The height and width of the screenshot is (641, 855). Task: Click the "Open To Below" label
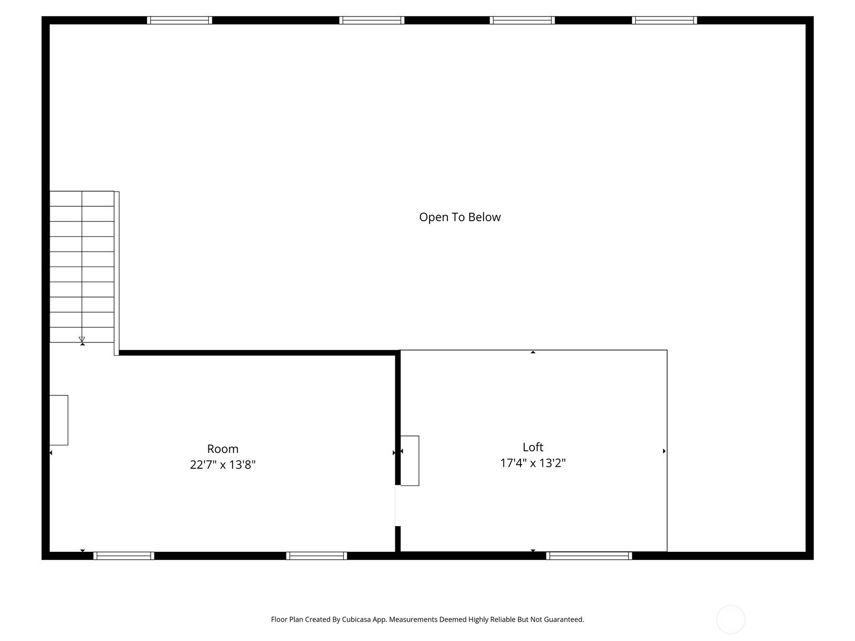coord(460,217)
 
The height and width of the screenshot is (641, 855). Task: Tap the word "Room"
coord(223,449)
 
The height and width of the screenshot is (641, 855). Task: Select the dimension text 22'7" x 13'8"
coord(223,465)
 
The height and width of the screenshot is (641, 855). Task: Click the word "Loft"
coord(533,447)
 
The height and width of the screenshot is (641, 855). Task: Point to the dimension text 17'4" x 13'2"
coord(533,463)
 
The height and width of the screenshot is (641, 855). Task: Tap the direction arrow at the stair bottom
coord(82,340)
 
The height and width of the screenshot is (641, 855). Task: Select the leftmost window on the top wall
coord(180,20)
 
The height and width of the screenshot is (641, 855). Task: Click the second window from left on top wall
coord(371,20)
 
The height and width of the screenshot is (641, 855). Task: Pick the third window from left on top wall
coord(522,20)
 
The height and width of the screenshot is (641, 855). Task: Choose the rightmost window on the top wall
coord(664,20)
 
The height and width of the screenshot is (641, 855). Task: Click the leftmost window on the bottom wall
coord(124,556)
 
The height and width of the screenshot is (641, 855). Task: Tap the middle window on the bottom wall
coord(316,556)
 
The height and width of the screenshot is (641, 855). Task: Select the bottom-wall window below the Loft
coord(589,556)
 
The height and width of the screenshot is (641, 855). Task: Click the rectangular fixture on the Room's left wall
coord(59,420)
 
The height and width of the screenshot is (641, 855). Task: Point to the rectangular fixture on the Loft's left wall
coord(410,460)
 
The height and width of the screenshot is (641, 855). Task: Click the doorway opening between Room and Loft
coord(398,505)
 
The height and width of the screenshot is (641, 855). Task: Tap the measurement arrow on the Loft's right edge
coord(664,451)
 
